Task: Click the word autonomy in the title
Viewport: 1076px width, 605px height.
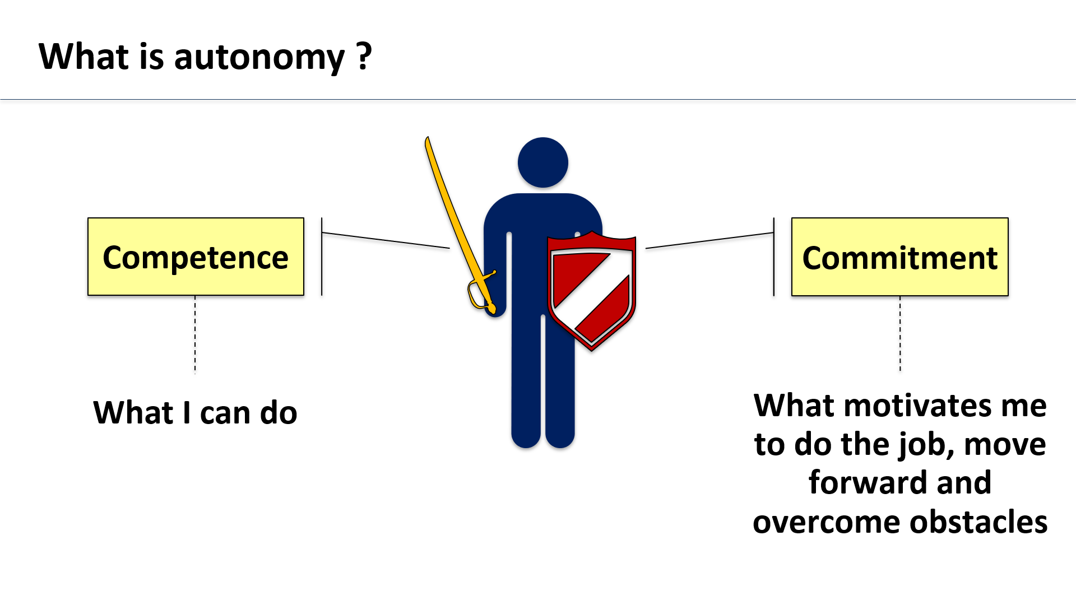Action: click(259, 58)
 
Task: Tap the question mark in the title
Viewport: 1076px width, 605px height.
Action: click(364, 56)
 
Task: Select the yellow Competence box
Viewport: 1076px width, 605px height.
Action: click(196, 257)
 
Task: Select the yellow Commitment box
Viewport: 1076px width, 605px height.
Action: click(899, 257)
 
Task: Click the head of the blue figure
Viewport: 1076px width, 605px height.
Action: click(542, 162)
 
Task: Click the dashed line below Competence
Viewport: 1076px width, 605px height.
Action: click(195, 334)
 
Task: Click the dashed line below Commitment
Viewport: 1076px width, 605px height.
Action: click(900, 334)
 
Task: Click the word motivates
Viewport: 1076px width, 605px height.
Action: click(917, 406)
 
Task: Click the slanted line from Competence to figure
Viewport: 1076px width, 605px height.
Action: click(386, 240)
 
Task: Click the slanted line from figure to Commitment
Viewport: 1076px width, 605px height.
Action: click(709, 240)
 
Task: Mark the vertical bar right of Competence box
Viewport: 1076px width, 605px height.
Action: click(322, 257)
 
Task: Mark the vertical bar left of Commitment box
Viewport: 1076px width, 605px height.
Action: click(774, 257)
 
